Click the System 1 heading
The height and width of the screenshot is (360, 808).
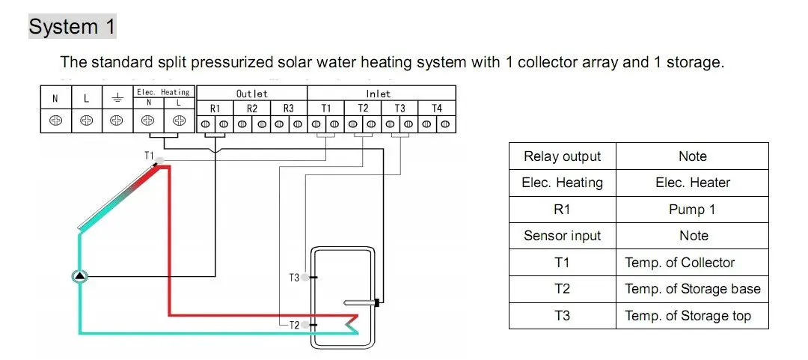(x=73, y=28)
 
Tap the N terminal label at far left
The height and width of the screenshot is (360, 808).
(x=55, y=98)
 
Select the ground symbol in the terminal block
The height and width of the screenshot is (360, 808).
(x=117, y=98)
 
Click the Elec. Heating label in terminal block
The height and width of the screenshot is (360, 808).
(x=163, y=92)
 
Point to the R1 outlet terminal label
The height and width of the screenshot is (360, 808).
(x=215, y=109)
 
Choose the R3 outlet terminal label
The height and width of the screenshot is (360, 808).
(x=289, y=109)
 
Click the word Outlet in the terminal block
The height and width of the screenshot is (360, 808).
(x=251, y=94)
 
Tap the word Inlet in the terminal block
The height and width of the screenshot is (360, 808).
(x=379, y=94)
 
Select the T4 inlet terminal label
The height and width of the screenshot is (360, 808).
(x=437, y=109)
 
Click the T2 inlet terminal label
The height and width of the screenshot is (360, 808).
(x=363, y=109)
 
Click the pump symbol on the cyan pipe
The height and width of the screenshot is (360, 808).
(x=80, y=277)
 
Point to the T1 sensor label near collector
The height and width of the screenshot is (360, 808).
(x=150, y=156)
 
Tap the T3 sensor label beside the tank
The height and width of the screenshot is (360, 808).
(x=294, y=278)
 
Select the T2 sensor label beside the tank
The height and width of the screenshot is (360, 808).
(x=294, y=325)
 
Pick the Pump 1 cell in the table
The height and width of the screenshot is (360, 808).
(x=692, y=210)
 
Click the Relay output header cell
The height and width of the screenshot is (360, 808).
(x=562, y=156)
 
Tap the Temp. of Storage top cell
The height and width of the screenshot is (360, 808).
(x=688, y=316)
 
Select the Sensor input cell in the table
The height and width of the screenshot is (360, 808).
(x=562, y=236)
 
